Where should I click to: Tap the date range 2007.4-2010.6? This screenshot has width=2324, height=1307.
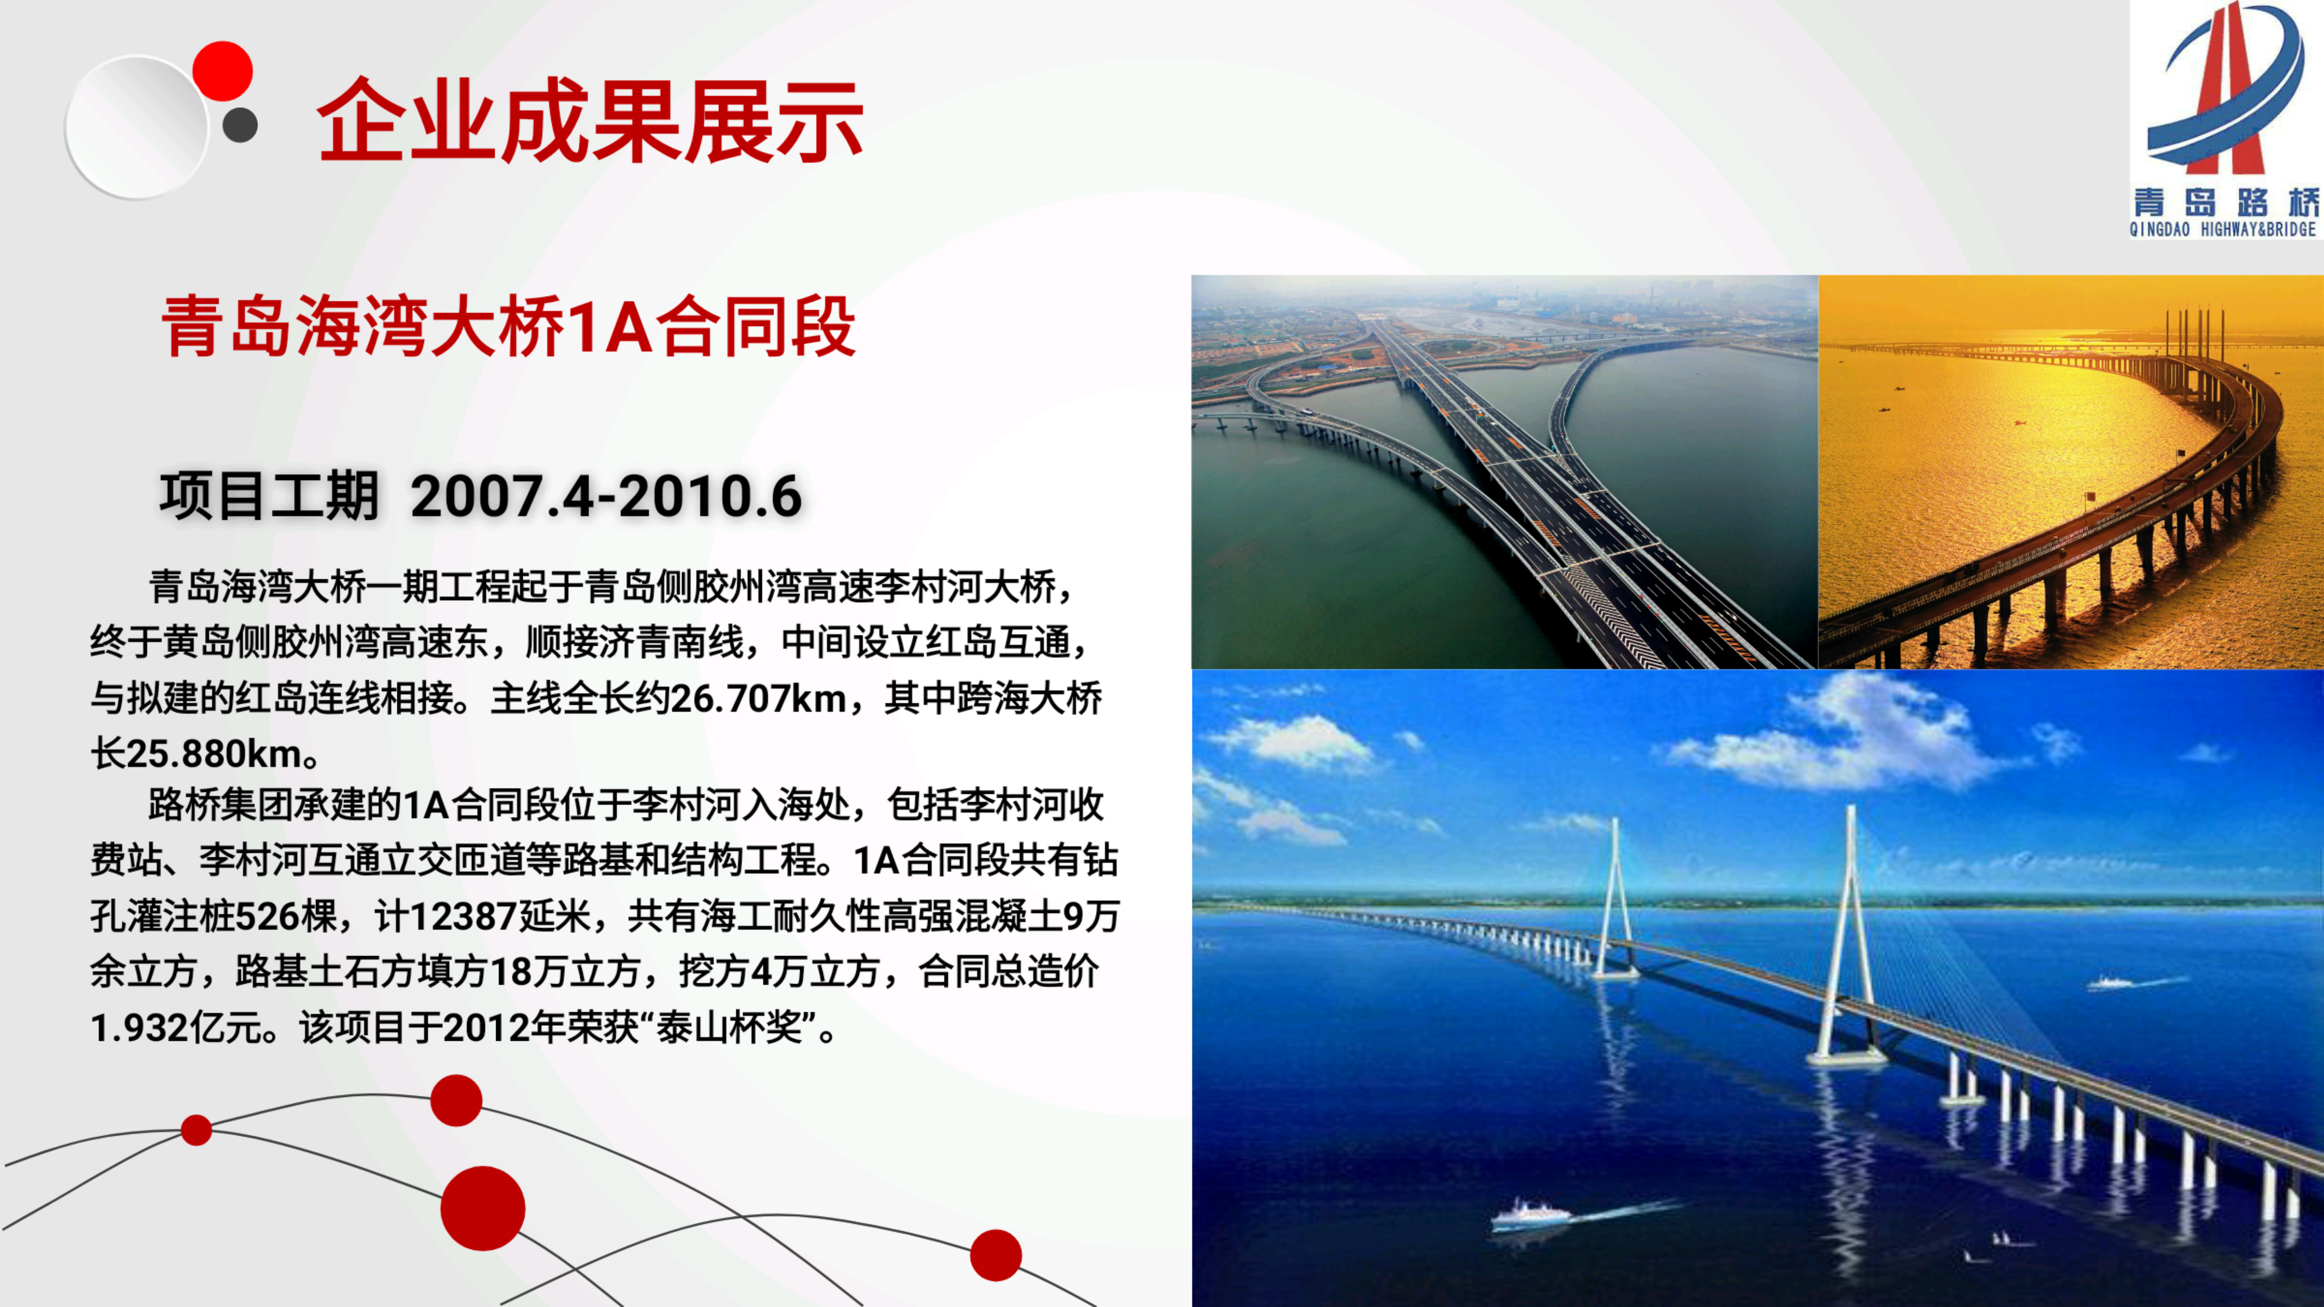click(x=606, y=496)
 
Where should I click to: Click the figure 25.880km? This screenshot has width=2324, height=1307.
click(x=214, y=753)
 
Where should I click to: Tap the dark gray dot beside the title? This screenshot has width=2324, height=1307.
click(x=240, y=125)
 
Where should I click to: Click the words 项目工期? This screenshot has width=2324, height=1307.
click(x=269, y=496)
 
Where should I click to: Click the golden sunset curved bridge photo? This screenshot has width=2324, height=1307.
click(x=2070, y=472)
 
